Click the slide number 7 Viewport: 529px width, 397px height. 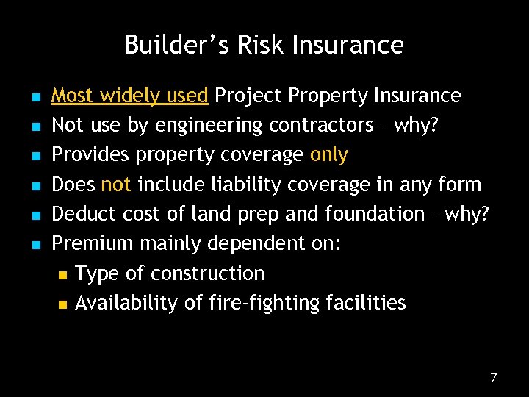point(494,378)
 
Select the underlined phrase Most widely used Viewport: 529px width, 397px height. point(131,96)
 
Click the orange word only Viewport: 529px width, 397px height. point(329,155)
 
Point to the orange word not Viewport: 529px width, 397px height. point(116,185)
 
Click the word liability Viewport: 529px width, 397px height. point(235,185)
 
